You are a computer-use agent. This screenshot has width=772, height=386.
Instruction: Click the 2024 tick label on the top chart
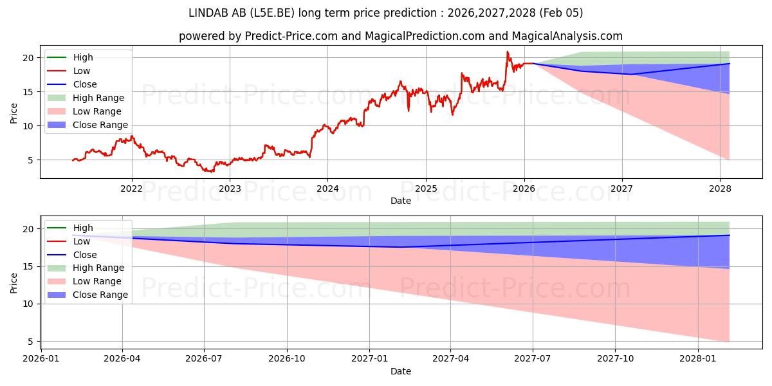point(327,188)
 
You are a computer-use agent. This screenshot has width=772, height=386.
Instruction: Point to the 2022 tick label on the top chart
point(132,188)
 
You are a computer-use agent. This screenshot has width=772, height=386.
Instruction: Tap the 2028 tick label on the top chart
point(720,188)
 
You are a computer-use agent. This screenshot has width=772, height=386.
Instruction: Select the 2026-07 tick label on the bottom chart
point(204,358)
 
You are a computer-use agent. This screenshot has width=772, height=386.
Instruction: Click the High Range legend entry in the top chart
point(98,98)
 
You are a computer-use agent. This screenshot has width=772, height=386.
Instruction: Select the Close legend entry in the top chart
point(85,84)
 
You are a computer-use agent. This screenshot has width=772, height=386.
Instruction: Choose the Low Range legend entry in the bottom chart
point(97,281)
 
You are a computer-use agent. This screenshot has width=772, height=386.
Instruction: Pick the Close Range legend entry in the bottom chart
point(100,295)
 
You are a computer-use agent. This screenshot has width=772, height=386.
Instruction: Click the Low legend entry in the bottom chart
point(82,241)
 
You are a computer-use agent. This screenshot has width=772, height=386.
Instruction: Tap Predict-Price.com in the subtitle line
point(291,37)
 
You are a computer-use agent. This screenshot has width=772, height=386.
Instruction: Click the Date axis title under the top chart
point(400,201)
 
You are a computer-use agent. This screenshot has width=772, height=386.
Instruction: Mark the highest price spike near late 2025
point(508,51)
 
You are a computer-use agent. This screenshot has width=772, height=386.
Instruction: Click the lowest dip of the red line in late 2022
point(211,172)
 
